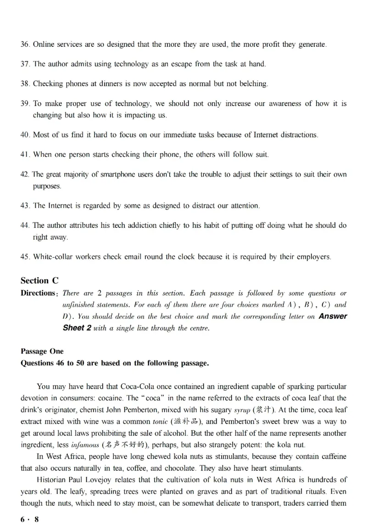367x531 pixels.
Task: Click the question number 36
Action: point(25,44)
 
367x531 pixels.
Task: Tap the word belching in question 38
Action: point(252,83)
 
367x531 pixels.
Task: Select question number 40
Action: point(25,135)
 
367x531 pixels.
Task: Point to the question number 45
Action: point(25,257)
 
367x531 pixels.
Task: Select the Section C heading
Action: point(39,281)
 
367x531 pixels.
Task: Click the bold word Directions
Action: point(38,293)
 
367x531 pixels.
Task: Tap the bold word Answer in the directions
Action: point(333,316)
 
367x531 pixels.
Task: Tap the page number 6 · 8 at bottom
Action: point(30,519)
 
